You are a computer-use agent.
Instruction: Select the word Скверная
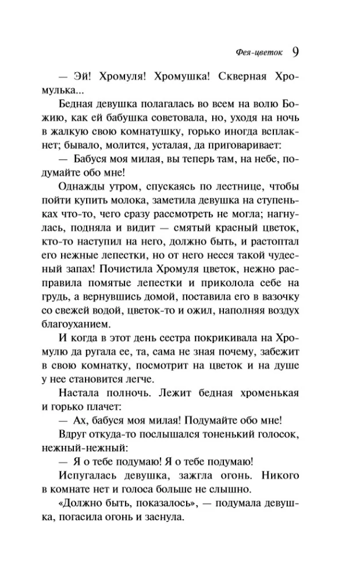pos(247,77)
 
